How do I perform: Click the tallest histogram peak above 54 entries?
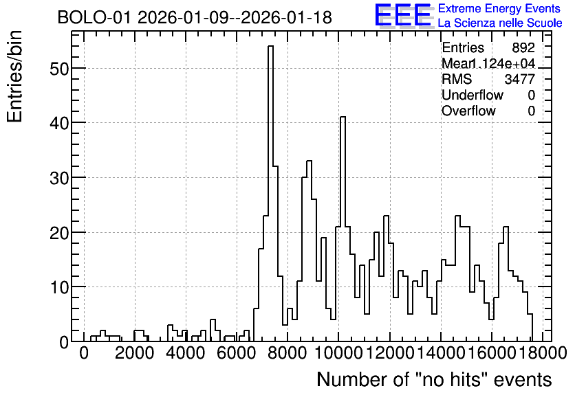click(270, 47)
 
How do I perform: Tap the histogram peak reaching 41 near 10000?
click(343, 117)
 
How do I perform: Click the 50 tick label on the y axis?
click(59, 69)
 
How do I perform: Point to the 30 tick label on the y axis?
click(59, 178)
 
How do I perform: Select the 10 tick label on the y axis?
click(59, 287)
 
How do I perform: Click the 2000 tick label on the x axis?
click(134, 353)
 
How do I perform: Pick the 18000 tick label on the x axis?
click(543, 353)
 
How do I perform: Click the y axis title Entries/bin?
click(15, 76)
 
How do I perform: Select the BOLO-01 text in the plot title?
click(94, 17)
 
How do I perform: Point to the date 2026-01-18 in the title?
click(286, 17)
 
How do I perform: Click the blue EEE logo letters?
click(403, 15)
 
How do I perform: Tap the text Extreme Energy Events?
click(499, 8)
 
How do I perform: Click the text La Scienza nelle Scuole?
click(500, 23)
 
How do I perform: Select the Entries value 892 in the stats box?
click(523, 47)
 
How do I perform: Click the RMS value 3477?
click(519, 79)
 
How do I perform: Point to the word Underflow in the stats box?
click(473, 95)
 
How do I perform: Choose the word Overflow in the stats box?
click(468, 111)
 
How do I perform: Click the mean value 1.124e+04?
click(502, 63)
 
